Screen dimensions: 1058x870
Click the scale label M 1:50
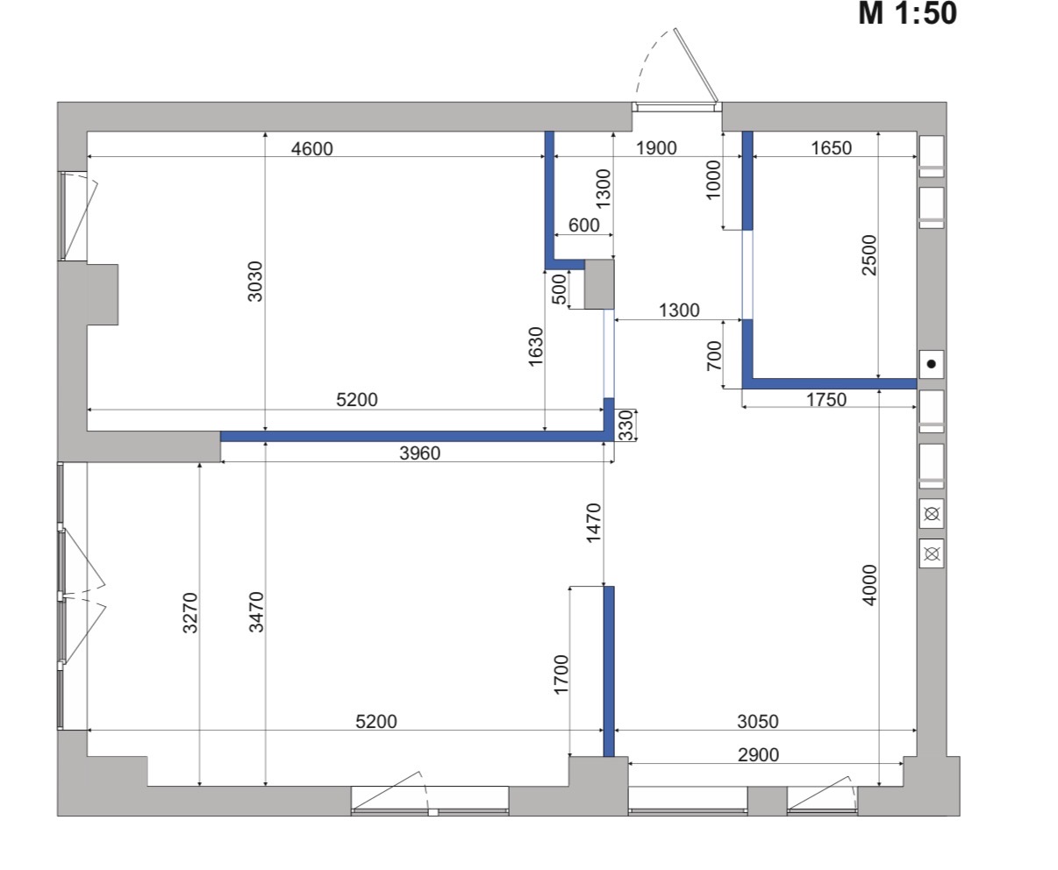tap(907, 13)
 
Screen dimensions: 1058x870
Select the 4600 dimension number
tap(312, 149)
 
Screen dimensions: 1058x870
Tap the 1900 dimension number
tap(656, 148)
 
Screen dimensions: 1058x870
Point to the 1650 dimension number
tap(832, 148)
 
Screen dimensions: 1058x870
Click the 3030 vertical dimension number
tap(255, 282)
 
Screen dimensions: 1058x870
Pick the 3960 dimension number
tap(420, 453)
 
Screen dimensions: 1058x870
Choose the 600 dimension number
tap(584, 225)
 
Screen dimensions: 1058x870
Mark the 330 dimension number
tap(626, 425)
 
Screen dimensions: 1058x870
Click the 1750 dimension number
tap(826, 400)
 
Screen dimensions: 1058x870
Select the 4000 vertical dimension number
tap(869, 585)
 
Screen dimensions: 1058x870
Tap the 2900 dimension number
tap(759, 754)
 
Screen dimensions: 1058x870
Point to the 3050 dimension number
tap(758, 722)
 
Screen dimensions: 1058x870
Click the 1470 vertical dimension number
tap(593, 523)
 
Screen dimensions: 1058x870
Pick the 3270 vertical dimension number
tap(190, 613)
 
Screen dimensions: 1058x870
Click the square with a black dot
tap(932, 364)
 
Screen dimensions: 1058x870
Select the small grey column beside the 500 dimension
tap(599, 284)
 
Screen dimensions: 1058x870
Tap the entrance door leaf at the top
tap(697, 65)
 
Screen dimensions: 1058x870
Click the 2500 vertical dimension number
tap(869, 255)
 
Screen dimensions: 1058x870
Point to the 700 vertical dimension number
tap(714, 355)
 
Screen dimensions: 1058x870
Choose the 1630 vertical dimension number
tap(536, 346)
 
